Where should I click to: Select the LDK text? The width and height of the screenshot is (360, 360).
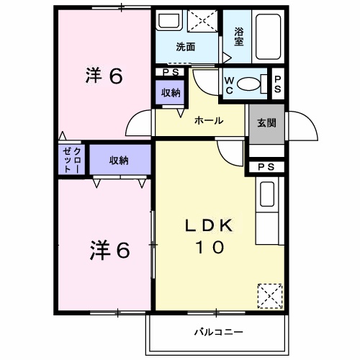pos(208,225)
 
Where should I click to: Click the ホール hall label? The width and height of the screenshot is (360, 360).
pos(208,121)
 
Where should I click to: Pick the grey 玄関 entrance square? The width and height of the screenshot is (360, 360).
pos(262,122)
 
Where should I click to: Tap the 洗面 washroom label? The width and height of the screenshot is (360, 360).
pos(186,48)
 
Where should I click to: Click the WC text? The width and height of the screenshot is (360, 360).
pos(229,84)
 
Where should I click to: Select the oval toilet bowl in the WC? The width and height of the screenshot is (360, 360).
pos(250,84)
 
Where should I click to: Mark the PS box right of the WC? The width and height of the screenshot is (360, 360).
pos(277,84)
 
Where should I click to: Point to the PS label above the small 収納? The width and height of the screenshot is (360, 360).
pos(171,72)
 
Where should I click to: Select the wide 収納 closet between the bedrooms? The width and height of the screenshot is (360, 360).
pos(120,161)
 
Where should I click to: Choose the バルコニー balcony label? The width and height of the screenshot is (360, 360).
pos(218,333)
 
